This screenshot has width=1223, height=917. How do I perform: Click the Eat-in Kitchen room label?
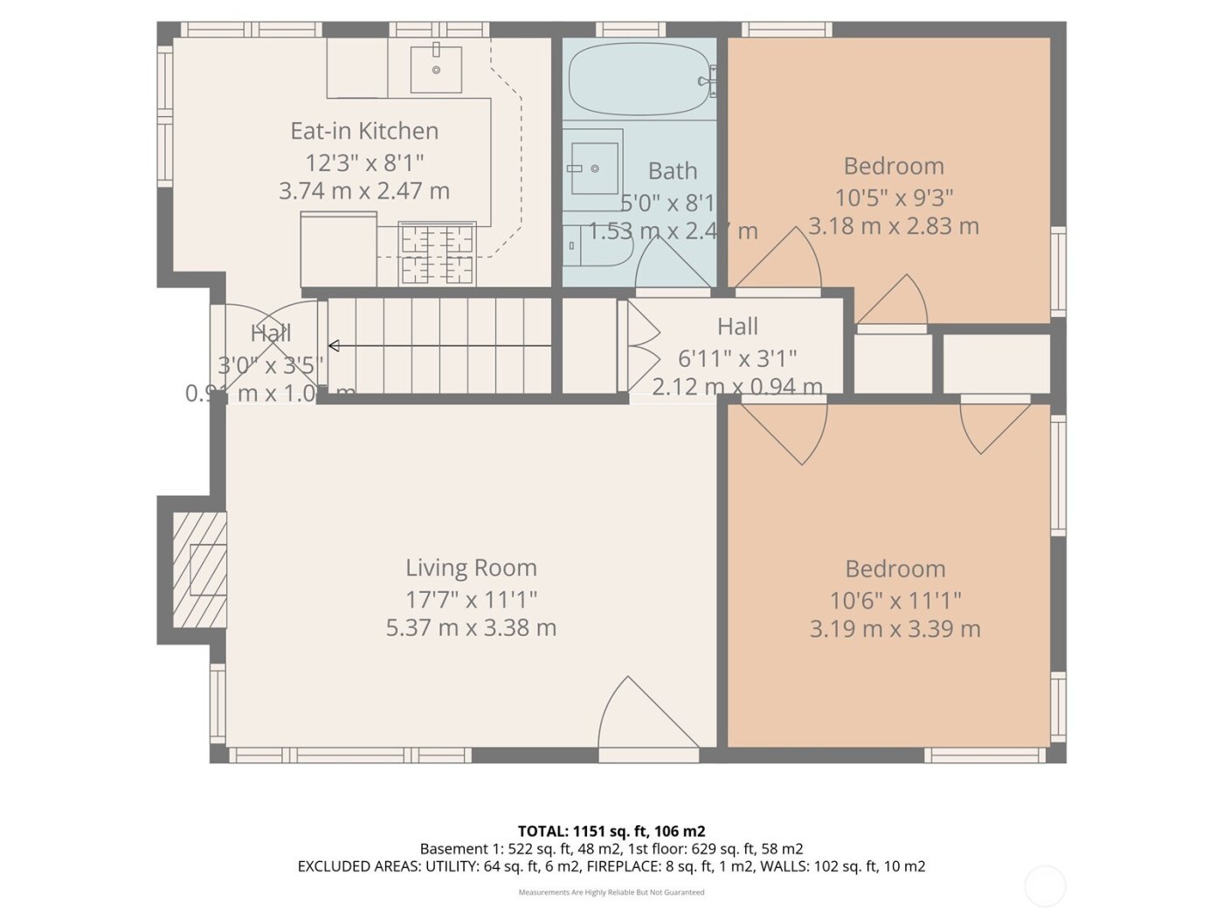364,131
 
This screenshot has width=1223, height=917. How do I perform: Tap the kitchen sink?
436,67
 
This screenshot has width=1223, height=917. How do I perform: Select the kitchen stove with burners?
437,253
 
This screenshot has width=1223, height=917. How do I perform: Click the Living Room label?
471,568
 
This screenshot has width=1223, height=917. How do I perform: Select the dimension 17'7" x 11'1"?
471,599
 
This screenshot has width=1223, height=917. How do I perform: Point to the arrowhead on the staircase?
334,346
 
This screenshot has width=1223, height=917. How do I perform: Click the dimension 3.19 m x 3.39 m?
895,629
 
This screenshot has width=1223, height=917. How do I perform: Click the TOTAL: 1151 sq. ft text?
611,831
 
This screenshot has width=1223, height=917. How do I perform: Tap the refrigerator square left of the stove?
339,249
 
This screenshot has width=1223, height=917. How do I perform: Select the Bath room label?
672,170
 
